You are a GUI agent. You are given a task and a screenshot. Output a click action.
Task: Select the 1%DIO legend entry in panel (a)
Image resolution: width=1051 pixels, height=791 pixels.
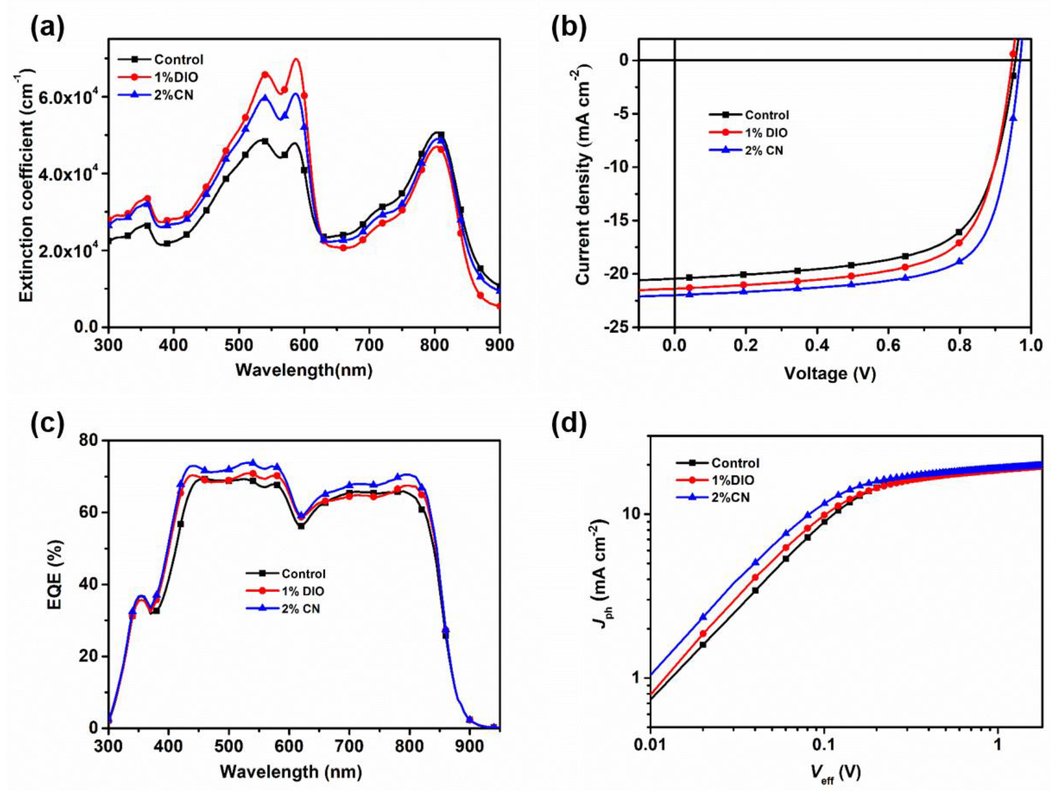pyautogui.click(x=176, y=77)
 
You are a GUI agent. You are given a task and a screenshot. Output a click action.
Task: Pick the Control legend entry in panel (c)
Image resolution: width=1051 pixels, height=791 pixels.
pyautogui.click(x=303, y=574)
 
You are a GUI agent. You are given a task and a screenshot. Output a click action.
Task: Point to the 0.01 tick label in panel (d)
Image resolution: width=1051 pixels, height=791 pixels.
pyautogui.click(x=649, y=745)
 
